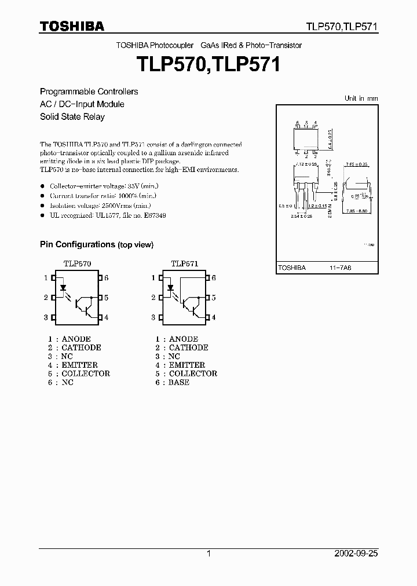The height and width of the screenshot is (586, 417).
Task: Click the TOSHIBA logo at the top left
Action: (72, 26)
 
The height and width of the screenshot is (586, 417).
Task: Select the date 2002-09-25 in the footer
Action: (356, 554)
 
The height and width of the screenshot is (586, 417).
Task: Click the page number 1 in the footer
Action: (209, 554)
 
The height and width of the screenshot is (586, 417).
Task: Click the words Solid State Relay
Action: (72, 116)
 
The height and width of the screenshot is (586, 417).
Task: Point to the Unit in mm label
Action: (361, 98)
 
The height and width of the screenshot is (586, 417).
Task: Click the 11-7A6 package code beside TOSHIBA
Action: (341, 268)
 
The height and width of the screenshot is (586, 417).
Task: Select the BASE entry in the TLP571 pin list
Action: (179, 382)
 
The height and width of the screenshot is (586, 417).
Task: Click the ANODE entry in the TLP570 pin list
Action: (76, 339)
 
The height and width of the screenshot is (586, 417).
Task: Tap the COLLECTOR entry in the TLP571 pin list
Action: (193, 373)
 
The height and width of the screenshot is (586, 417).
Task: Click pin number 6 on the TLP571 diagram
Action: (213, 278)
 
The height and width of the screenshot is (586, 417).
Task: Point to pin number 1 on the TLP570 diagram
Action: (46, 278)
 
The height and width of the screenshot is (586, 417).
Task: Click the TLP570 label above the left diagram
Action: (77, 263)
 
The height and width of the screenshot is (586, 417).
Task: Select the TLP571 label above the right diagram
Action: (184, 263)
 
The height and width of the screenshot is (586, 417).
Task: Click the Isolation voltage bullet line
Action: (101, 206)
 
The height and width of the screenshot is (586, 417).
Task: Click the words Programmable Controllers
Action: (89, 91)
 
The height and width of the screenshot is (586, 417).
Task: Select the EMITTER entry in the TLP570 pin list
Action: (79, 365)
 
